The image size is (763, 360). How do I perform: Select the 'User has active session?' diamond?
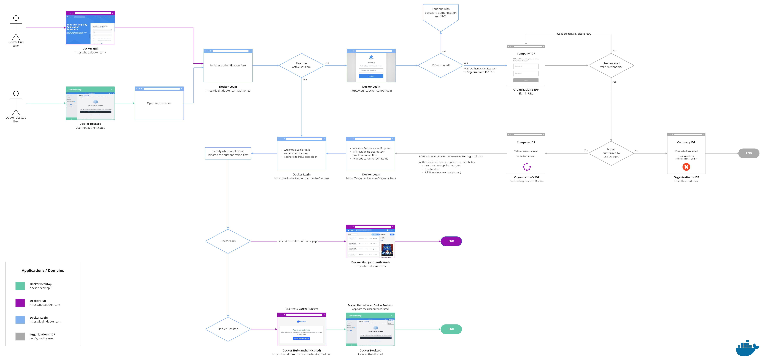[302, 65]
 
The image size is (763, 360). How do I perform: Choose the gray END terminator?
[748, 153]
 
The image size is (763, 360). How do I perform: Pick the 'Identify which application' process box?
[228, 153]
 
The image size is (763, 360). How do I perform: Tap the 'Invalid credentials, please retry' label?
[573, 34]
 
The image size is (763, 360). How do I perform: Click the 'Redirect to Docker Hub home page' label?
[297, 241]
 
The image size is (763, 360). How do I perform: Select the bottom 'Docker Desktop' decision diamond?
[228, 329]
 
